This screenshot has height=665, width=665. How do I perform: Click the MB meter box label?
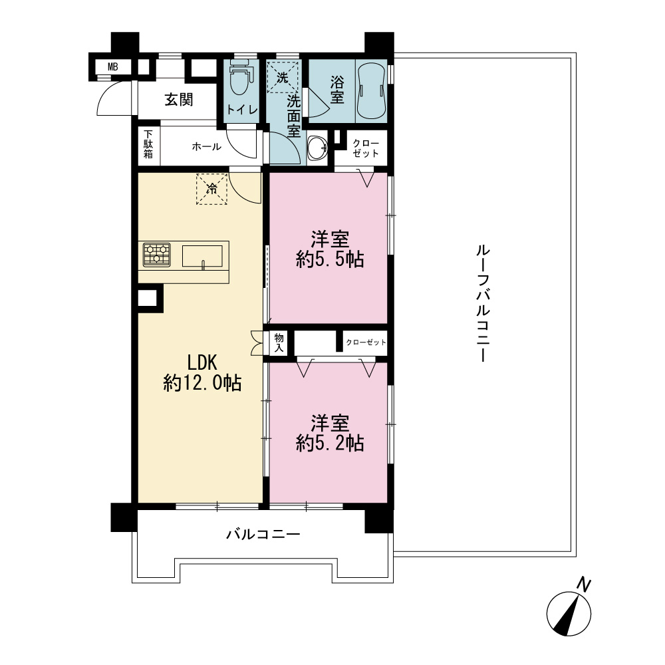point(112,67)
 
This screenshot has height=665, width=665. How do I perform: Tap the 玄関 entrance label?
point(179,100)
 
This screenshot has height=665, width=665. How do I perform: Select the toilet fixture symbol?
point(240,76)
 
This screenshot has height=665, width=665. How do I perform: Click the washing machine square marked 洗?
point(282,77)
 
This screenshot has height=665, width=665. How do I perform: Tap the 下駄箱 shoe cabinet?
point(148,144)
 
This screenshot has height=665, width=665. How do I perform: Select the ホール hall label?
point(206,147)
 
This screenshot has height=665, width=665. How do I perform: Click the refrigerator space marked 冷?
point(211,189)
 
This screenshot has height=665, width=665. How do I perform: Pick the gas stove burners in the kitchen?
point(157,255)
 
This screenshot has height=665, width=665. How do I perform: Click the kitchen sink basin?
point(203,257)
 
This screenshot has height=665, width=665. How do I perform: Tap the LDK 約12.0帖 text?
point(202,373)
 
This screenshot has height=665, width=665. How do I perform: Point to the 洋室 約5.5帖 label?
point(330,249)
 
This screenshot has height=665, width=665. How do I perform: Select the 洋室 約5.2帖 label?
point(330,433)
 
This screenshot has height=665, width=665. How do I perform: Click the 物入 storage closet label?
point(279,342)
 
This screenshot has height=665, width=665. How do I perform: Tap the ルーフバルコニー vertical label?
point(483,303)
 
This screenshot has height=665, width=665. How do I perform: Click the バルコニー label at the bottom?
point(263,534)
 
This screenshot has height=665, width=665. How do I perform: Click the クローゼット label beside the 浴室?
point(366,148)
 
